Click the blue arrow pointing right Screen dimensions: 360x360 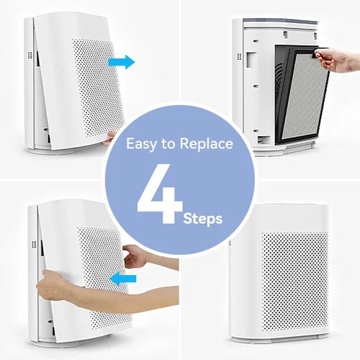(x=122, y=62)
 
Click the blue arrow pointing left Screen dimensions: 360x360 (x=123, y=279)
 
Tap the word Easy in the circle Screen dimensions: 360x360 (x=141, y=144)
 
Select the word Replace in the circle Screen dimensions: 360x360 (x=206, y=144)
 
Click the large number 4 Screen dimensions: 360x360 (x=160, y=194)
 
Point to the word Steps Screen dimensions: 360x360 (x=203, y=219)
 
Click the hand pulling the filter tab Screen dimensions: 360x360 (x=336, y=60)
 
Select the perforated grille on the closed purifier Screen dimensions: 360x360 (x=295, y=281)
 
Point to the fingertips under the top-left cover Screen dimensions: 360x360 (x=109, y=139)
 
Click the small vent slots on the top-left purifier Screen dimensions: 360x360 (x=30, y=55)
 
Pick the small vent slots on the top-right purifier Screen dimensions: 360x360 (x=239, y=56)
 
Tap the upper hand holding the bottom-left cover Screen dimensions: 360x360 (x=135, y=256)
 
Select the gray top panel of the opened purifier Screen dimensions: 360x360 (x=280, y=22)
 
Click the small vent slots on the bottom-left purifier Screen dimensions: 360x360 (x=34, y=245)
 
